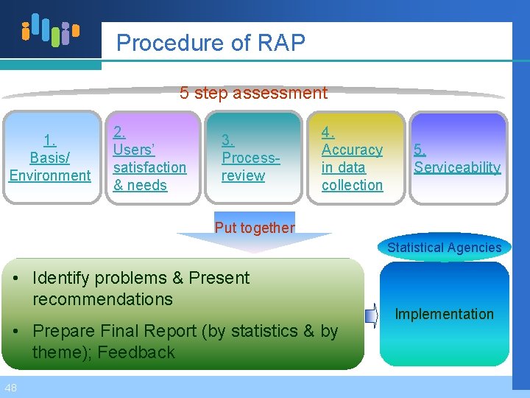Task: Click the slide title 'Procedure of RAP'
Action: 211,43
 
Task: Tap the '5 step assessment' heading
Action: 253,93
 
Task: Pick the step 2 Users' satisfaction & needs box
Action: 151,157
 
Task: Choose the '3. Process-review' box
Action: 254,157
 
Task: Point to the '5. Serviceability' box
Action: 458,157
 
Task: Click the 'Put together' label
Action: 254,228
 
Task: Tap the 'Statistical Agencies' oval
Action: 444,248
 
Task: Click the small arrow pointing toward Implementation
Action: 371,314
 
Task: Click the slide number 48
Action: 11,388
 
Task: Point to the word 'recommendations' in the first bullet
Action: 102,299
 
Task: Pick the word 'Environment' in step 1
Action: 50,175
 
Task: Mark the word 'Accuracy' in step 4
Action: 352,150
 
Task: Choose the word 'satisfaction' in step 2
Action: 149,167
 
